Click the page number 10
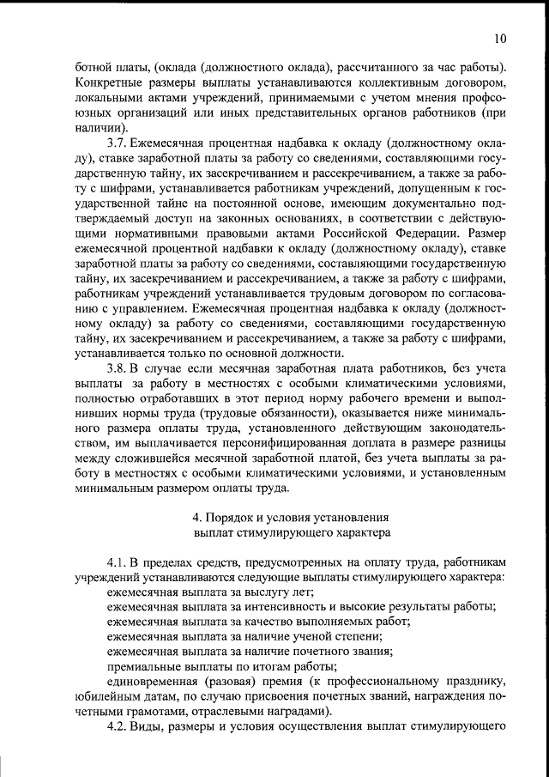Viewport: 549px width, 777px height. click(x=501, y=38)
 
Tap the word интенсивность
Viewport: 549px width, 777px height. click(x=287, y=607)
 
